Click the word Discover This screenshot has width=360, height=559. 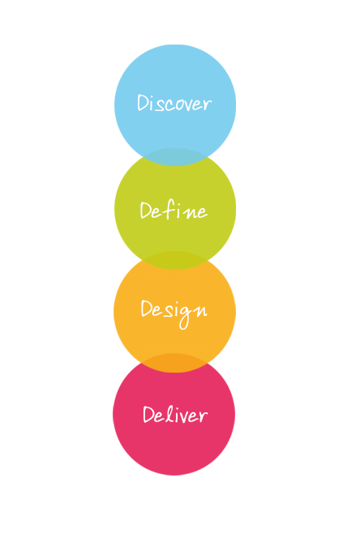[x=174, y=103]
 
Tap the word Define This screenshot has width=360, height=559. [x=174, y=211]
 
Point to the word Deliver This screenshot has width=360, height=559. [x=175, y=414]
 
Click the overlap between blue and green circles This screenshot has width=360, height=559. [x=175, y=157]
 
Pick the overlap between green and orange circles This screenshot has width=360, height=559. [x=175, y=260]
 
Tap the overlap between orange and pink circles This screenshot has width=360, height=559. [x=174, y=363]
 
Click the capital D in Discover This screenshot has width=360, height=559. [x=143, y=103]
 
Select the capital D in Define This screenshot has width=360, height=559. [x=146, y=211]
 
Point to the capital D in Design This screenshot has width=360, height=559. [x=146, y=309]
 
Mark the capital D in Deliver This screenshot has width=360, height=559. [x=148, y=414]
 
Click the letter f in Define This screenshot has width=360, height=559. [x=169, y=209]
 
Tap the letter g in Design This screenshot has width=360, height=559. [x=186, y=318]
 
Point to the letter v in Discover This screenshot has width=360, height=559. [x=189, y=105]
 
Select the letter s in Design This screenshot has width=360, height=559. [x=168, y=311]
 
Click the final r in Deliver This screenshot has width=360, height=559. [x=204, y=416]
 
